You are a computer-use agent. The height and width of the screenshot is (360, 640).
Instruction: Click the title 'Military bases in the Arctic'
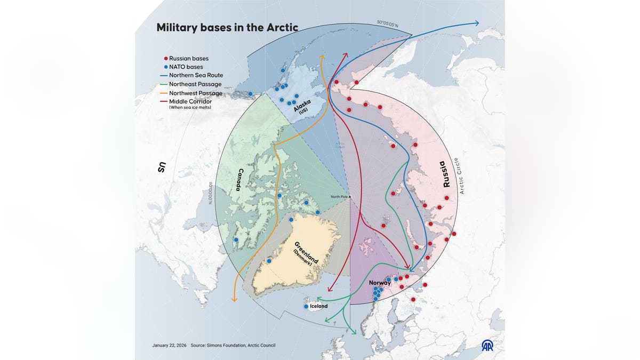click(x=227, y=27)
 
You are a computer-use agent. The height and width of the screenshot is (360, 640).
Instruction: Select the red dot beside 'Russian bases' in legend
click(x=165, y=58)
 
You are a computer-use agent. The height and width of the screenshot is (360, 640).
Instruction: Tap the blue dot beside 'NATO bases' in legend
click(x=165, y=67)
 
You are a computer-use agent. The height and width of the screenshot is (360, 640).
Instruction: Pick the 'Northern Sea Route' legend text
click(x=196, y=75)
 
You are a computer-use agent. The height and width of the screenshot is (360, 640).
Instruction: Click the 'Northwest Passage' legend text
click(x=195, y=93)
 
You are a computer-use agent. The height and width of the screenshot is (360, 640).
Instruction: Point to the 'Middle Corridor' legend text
click(x=189, y=101)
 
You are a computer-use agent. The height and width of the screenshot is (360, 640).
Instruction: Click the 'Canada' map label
click(x=240, y=180)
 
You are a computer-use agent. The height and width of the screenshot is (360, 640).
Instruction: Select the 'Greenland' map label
click(x=306, y=252)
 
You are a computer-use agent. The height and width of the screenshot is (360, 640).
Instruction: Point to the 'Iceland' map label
click(x=318, y=307)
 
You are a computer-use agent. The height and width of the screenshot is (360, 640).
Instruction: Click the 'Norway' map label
click(x=380, y=283)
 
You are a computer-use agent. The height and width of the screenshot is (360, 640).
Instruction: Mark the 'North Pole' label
click(x=339, y=197)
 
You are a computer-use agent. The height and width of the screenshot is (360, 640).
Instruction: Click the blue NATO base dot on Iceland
click(x=306, y=307)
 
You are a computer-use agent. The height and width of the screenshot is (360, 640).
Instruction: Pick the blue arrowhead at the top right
click(x=476, y=23)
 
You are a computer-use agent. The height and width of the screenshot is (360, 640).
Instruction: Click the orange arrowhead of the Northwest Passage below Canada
click(x=234, y=300)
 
